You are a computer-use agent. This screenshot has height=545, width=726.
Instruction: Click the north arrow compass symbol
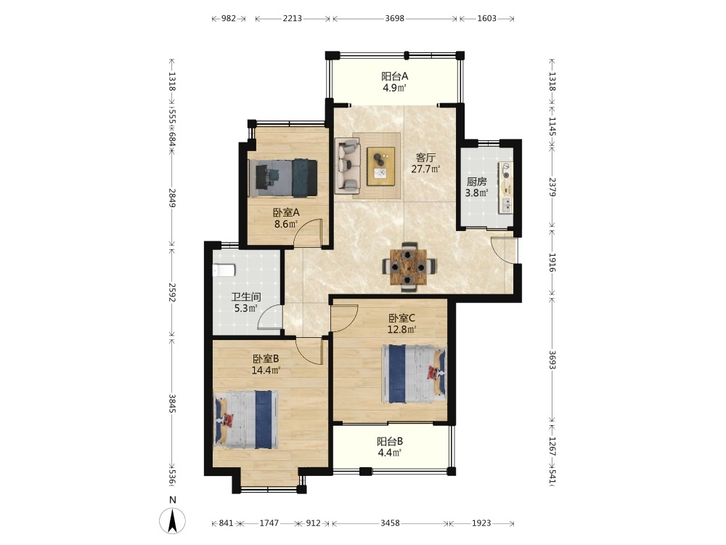point(172,520)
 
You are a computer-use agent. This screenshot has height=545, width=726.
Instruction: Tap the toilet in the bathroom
point(224,270)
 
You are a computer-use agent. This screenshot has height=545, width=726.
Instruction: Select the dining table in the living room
point(408,267)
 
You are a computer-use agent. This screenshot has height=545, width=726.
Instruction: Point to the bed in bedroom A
point(282,179)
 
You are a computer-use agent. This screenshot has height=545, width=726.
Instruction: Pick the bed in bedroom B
point(246,419)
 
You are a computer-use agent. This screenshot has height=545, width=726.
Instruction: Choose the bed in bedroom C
point(415,374)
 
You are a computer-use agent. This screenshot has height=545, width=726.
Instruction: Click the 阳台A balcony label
point(394,76)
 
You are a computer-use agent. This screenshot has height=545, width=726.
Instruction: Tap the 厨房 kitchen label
point(476,182)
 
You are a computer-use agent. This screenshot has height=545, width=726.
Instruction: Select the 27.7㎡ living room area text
point(425,169)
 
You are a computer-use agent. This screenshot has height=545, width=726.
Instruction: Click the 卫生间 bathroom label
point(246,296)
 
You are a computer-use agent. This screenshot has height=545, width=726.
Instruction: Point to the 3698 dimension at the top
point(394,19)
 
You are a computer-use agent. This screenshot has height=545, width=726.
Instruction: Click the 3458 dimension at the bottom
point(390,522)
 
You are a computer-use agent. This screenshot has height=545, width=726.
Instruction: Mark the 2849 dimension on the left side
point(172,198)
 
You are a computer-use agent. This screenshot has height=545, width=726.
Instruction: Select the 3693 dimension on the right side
point(552,360)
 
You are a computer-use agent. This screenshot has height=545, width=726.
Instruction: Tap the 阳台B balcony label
point(390,441)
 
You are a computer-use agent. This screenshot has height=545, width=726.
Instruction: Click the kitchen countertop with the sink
point(505,187)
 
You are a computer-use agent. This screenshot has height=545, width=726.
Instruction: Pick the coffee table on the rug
point(381,166)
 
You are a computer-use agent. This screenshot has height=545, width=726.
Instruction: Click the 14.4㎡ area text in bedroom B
point(266,370)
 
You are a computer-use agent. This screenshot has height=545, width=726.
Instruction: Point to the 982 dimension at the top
point(229,19)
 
